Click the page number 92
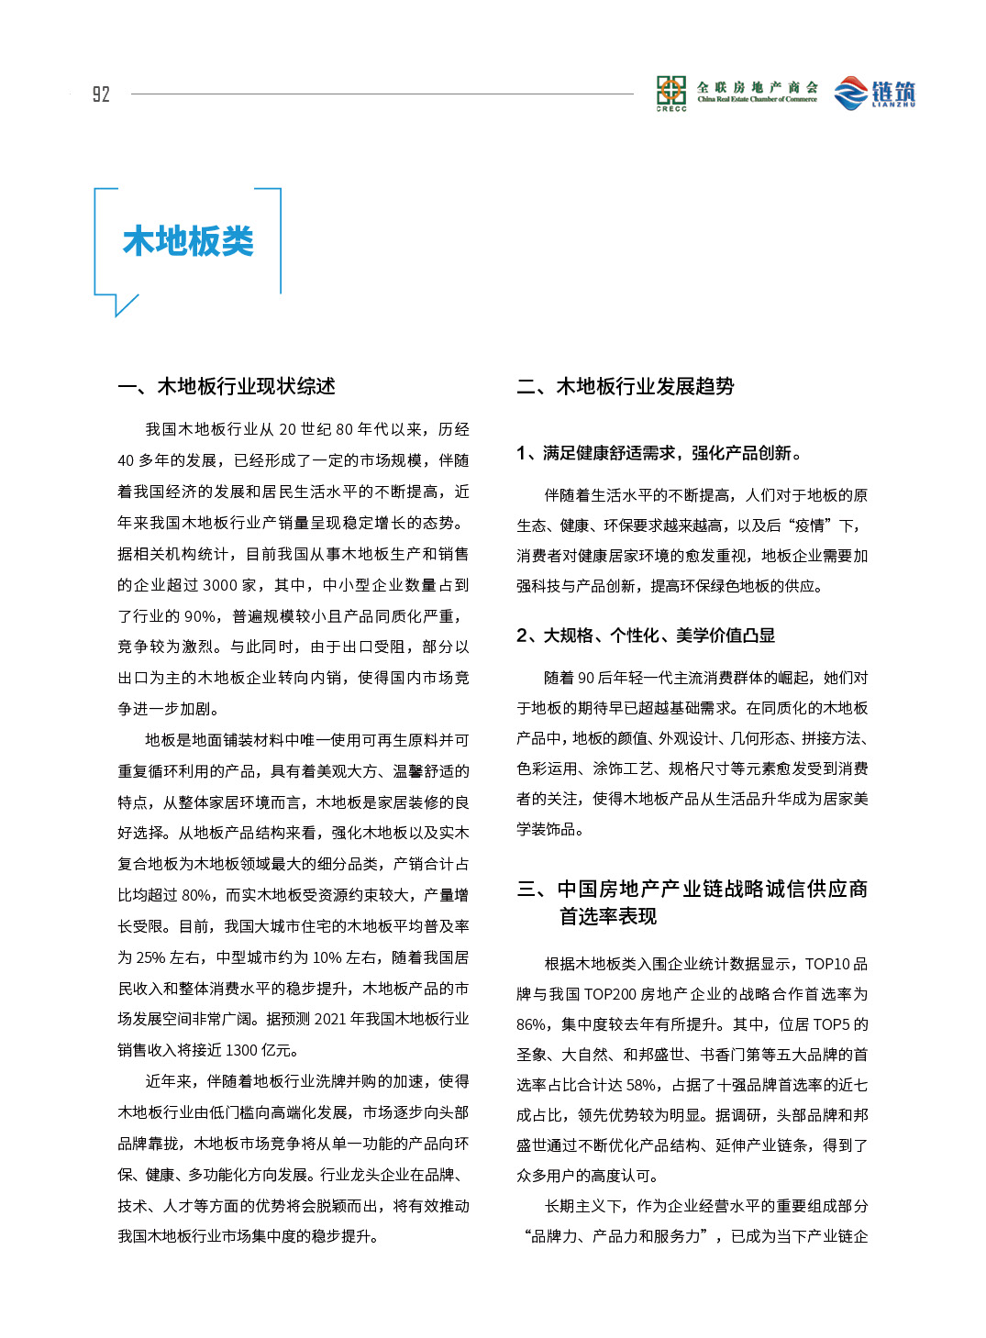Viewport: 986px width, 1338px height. click(x=101, y=94)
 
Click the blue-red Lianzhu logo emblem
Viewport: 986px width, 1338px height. click(x=850, y=93)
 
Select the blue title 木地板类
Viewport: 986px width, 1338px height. click(x=188, y=241)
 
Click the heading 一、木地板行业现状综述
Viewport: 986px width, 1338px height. click(x=227, y=386)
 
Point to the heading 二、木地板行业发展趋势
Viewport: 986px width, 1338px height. click(x=626, y=386)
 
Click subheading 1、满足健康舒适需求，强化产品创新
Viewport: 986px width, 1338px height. click(x=658, y=453)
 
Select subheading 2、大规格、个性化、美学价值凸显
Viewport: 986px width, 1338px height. click(x=646, y=636)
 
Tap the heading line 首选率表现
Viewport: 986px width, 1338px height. click(x=608, y=916)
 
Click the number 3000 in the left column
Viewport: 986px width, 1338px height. click(x=220, y=585)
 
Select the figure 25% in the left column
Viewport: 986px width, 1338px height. click(x=150, y=957)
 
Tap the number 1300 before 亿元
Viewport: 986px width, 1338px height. click(x=241, y=1050)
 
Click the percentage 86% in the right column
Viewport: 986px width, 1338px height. click(x=531, y=1024)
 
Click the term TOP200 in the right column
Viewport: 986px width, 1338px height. click(x=610, y=994)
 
